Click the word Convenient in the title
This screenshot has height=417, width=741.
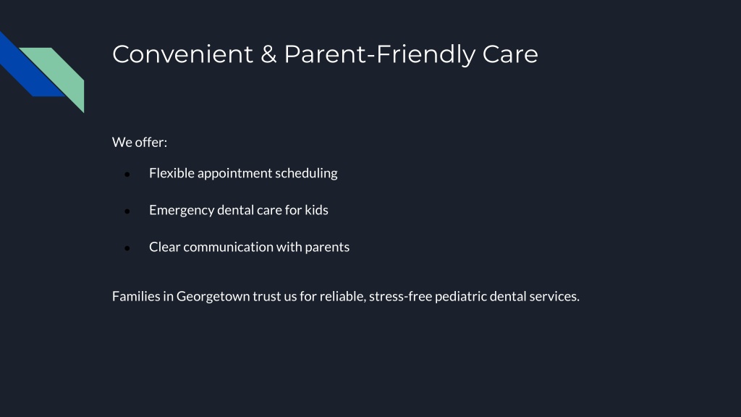tap(183, 54)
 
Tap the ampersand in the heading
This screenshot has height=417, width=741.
tap(268, 54)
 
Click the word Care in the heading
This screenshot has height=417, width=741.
tap(510, 54)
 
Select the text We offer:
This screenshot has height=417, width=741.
tap(140, 142)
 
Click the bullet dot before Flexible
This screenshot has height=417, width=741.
tap(127, 174)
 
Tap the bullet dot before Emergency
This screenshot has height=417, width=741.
tap(127, 211)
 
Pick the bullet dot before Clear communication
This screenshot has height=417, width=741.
tap(127, 248)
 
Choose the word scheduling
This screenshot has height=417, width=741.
tap(306, 174)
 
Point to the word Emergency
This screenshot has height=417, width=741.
tap(182, 211)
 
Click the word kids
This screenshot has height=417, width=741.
tap(316, 210)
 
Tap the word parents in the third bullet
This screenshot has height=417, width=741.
tap(327, 248)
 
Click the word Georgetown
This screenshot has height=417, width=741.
tap(213, 296)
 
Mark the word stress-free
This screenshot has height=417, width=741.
tap(400, 296)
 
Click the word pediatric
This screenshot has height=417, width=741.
tap(460, 296)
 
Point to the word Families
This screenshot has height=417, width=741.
tap(136, 296)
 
